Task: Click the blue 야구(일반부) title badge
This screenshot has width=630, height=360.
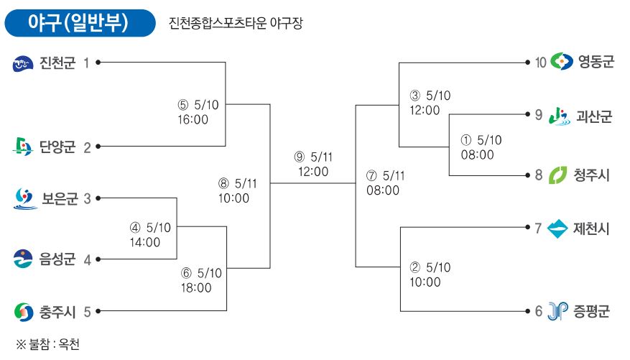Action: [80, 23]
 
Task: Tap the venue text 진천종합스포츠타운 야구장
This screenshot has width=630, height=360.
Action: [236, 23]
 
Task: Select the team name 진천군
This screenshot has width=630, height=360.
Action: [57, 63]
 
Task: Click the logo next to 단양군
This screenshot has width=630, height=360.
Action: [22, 147]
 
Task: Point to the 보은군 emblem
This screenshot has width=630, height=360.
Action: [25, 198]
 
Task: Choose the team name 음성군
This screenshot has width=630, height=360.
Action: [57, 259]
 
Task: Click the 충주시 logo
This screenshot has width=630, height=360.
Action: [24, 312]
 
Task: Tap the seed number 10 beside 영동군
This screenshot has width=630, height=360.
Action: [540, 63]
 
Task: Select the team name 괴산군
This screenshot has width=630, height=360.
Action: [594, 116]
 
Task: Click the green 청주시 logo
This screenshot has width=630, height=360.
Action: [557, 175]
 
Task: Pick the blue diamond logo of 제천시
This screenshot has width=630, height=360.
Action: [557, 229]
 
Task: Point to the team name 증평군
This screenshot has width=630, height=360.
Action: [591, 311]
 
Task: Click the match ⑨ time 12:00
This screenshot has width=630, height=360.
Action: [313, 172]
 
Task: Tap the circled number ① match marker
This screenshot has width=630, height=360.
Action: [465, 140]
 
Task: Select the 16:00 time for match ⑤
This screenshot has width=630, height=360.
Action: [193, 119]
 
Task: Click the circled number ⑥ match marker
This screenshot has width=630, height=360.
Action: [186, 273]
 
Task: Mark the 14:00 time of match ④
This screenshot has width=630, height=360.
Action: [144, 242]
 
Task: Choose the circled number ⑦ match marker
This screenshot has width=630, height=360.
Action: [371, 175]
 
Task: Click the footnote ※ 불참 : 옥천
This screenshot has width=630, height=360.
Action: [47, 344]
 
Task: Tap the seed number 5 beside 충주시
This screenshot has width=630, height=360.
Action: [87, 312]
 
